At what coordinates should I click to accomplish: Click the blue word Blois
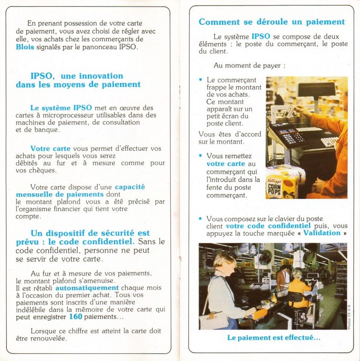25,47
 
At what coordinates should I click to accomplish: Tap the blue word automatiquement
87,288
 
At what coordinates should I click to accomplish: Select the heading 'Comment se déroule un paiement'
271,22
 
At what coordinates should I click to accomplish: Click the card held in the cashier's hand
290,111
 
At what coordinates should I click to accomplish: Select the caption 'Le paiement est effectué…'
274,338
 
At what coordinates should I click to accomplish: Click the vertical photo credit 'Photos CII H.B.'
350,315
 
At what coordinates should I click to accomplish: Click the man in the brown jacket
284,277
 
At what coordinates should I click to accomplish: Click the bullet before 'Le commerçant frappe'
201,80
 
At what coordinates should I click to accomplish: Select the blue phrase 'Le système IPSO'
54,108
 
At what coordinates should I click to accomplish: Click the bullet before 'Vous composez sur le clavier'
201,218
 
